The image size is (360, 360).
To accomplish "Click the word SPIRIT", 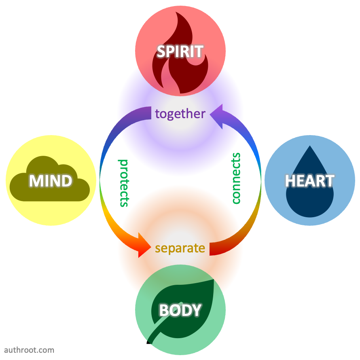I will [180, 52].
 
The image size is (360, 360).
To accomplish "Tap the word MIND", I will [51, 181].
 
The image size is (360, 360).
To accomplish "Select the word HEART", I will [309, 181].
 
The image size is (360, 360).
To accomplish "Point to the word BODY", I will [180, 310].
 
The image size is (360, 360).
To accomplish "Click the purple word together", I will [180, 114].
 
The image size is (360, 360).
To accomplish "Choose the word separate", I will [180, 248].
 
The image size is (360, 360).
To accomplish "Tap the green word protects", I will [123, 183].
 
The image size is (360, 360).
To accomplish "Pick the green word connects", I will [236, 178].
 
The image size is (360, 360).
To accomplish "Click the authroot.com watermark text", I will [29, 350].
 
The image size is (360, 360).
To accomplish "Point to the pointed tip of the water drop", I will [310, 148].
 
